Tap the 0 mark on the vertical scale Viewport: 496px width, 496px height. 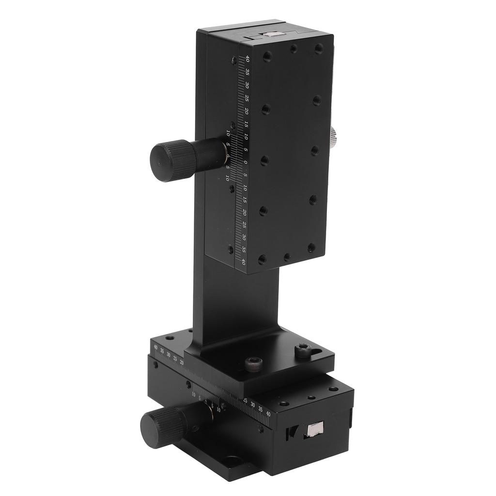pos(246,163)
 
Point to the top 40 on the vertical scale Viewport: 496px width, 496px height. pos(248,59)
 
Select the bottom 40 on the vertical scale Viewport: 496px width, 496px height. pos(244,262)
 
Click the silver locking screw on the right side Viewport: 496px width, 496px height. pos(334,138)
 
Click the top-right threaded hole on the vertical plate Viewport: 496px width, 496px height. pos(319,48)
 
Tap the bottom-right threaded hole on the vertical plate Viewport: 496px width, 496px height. pos(311,248)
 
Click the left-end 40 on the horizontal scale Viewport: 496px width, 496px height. pos(155,347)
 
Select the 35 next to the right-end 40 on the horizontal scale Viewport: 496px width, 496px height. pos(261,409)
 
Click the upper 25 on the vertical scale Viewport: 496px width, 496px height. pos(247,98)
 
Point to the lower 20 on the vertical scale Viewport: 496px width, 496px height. pos(245,212)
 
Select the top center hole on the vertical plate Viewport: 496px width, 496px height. pos(293,48)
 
